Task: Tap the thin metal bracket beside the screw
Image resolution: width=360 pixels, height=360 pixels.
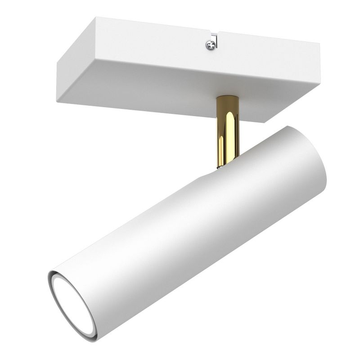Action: pyautogui.click(x=216, y=42)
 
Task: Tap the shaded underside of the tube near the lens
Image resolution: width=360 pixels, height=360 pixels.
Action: pyautogui.click(x=148, y=288)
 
